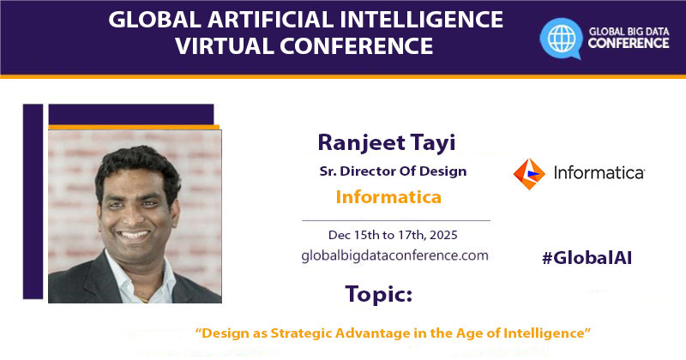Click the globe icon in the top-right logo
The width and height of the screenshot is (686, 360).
coord(561,37)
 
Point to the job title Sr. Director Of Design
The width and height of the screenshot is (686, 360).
coord(392,171)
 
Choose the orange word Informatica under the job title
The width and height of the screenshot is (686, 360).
coord(388,197)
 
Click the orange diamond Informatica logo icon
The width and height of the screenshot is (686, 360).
coord(528,173)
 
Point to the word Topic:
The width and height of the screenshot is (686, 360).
coord(378,294)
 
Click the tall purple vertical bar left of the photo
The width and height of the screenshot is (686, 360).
coord(33,201)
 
